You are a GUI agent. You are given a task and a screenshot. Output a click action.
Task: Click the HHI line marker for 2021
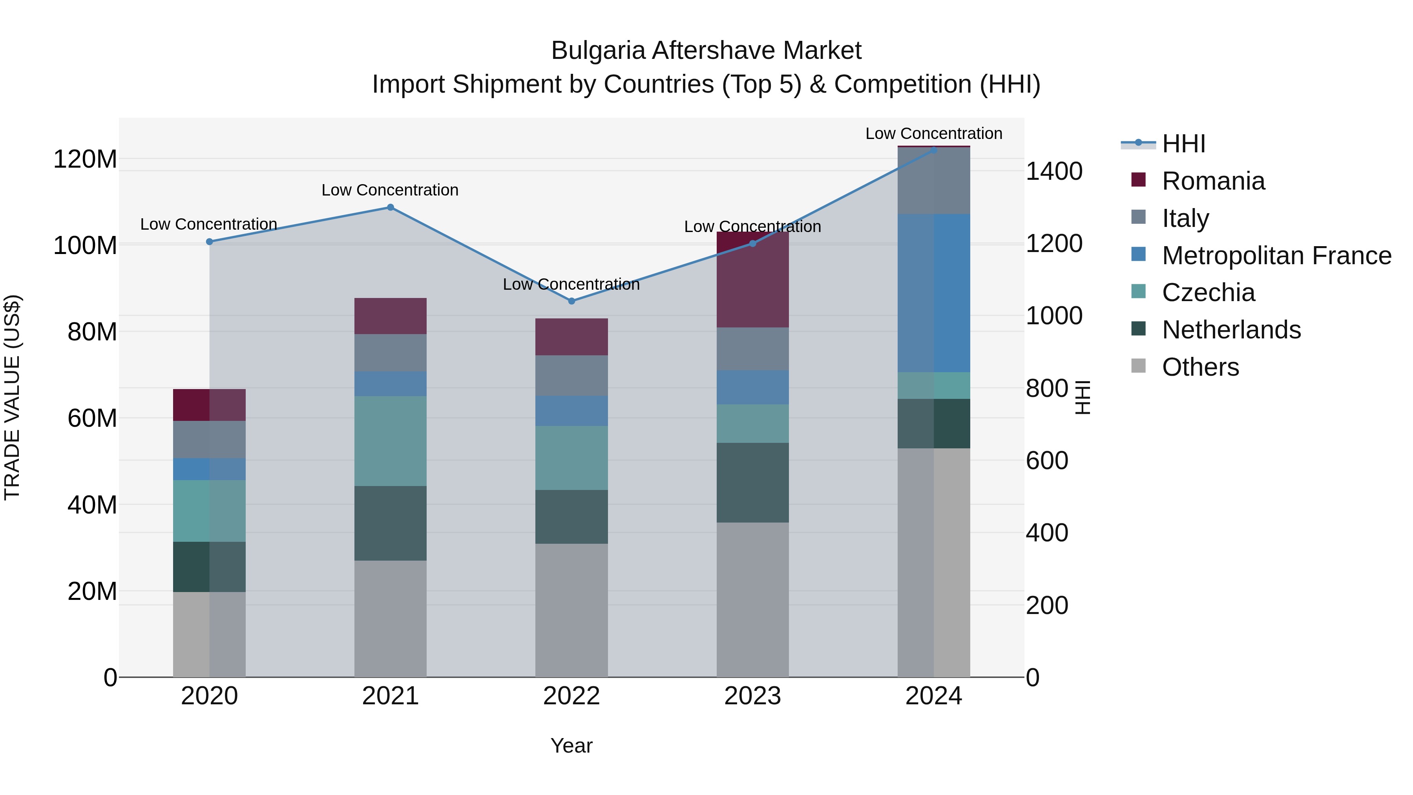[390, 207]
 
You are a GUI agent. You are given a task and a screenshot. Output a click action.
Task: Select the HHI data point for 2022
[571, 301]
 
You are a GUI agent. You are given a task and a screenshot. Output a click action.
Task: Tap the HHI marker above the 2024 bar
[934, 150]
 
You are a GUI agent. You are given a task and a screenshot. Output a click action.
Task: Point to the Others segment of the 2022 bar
[571, 610]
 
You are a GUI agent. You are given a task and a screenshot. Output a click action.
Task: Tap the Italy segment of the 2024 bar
[934, 181]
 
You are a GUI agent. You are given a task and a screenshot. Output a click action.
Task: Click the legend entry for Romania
[1213, 181]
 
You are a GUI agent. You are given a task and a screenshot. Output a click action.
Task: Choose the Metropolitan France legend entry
[1276, 256]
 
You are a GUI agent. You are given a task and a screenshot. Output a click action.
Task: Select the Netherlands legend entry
[1231, 330]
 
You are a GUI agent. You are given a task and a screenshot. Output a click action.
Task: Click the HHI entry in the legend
[1183, 144]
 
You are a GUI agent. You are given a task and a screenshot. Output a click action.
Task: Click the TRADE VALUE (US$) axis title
[13, 397]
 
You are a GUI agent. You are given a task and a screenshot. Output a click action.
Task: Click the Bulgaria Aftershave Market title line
[706, 51]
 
